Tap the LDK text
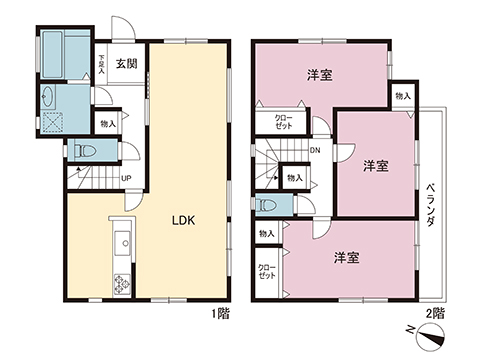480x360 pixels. point(182,222)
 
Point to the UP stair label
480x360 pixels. point(126,180)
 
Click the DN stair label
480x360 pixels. point(315,152)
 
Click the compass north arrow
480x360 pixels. point(425,336)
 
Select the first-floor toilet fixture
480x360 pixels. point(86,152)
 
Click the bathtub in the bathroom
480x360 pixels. point(64,55)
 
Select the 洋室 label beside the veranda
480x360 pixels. point(375,165)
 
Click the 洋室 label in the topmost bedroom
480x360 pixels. point(319,75)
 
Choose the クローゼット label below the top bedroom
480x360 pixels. point(284,123)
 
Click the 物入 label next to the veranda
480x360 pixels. point(402,96)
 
